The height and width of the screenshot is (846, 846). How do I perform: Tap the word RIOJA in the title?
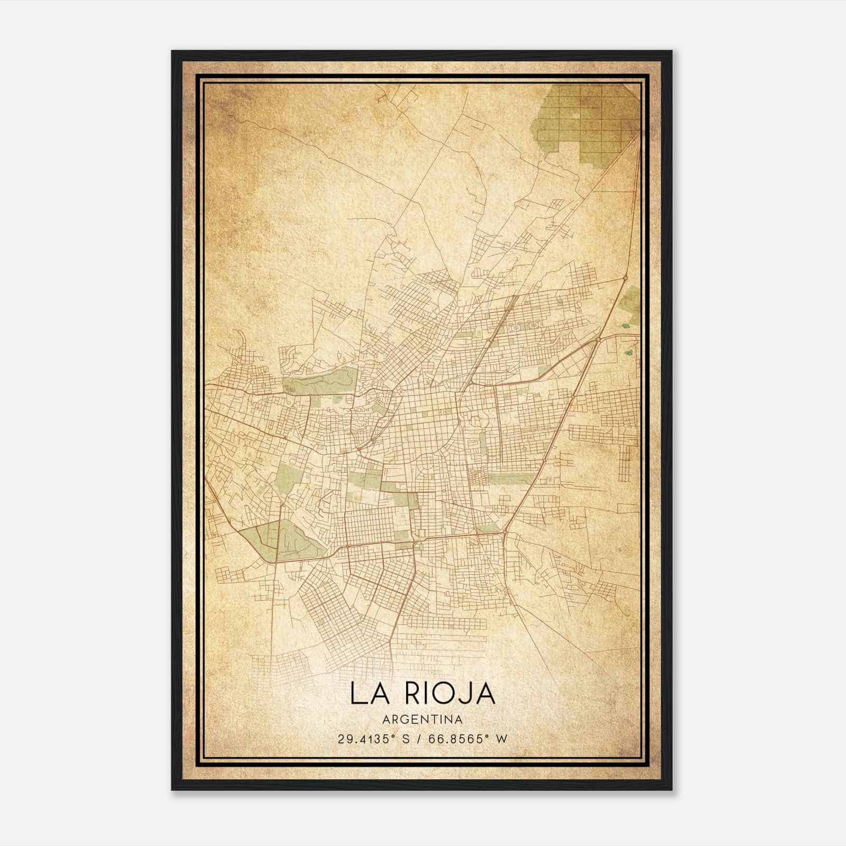pyautogui.click(x=451, y=694)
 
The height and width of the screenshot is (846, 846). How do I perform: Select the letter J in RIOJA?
pyautogui.click(x=468, y=694)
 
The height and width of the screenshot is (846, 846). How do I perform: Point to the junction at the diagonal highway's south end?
pyautogui.click(x=505, y=531)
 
